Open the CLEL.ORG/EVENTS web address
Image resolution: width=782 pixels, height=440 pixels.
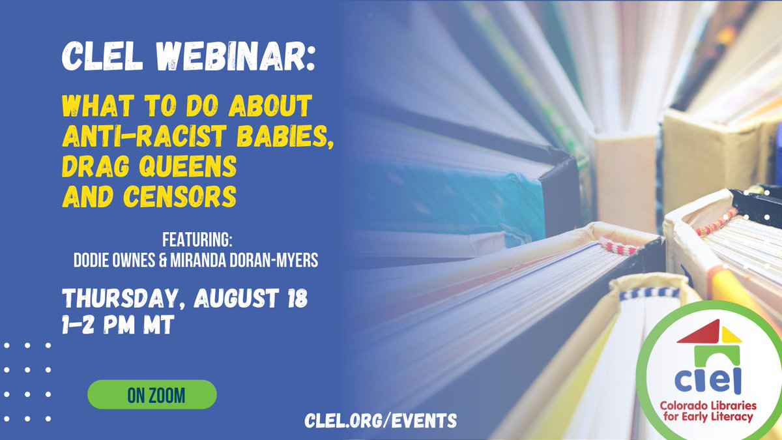click(x=381, y=420)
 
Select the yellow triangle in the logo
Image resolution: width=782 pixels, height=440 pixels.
click(x=732, y=335)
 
